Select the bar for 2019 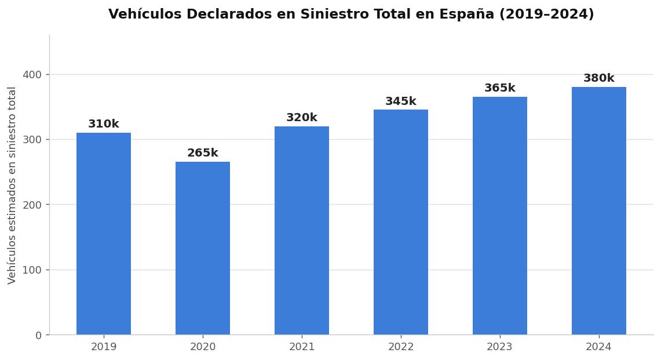click(104, 234)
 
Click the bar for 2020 click(203, 248)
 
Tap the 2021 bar click(302, 231)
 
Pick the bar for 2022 click(401, 222)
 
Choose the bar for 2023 click(500, 216)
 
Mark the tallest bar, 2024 click(599, 211)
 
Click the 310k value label click(104, 124)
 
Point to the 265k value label click(203, 153)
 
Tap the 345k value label click(401, 101)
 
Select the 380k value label click(599, 78)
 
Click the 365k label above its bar click(500, 88)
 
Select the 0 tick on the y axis click(39, 335)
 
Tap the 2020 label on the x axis click(203, 347)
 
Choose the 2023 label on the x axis click(500, 347)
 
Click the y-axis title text click(12, 186)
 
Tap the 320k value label click(302, 118)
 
